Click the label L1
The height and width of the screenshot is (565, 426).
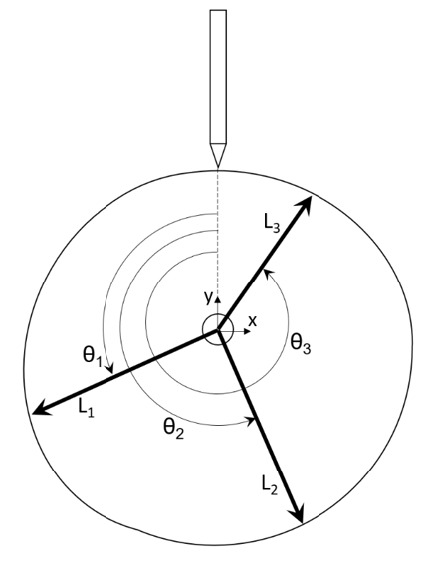click(x=86, y=409)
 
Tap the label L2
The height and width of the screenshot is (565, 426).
click(x=269, y=486)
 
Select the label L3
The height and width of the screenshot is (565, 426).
click(x=272, y=225)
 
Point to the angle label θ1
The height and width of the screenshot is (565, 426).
click(x=92, y=357)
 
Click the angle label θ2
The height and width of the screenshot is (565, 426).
click(x=174, y=429)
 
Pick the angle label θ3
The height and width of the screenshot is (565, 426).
click(x=301, y=344)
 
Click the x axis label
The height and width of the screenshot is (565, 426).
click(x=253, y=320)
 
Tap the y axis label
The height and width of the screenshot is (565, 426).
click(x=208, y=298)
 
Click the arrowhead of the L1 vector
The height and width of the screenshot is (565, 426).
click(x=42, y=408)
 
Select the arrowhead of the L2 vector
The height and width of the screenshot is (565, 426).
click(x=297, y=512)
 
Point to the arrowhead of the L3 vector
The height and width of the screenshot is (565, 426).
click(x=305, y=205)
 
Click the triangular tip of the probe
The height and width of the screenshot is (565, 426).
click(x=218, y=155)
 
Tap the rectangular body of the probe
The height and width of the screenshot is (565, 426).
click(x=218, y=77)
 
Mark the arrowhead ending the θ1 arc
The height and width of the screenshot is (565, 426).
click(x=109, y=369)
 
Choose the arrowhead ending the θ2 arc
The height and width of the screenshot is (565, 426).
click(x=251, y=420)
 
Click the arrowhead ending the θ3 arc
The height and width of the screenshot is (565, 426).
click(x=267, y=274)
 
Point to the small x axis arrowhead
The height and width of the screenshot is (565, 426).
click(x=248, y=331)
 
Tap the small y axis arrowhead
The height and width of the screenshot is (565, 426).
click(x=218, y=299)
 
